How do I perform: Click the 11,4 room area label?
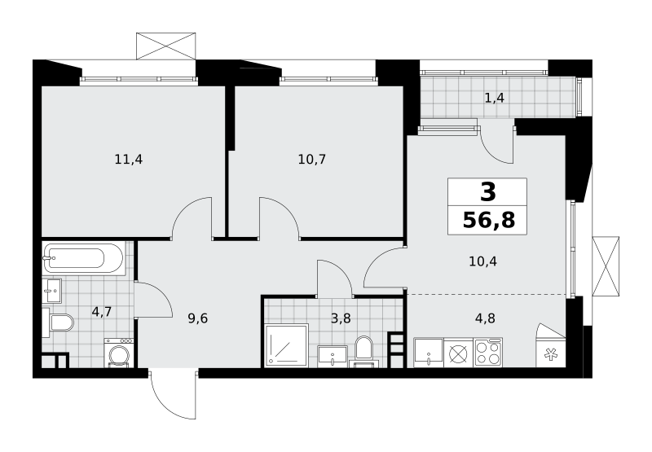tap(129, 159)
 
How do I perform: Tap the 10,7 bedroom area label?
tap(312, 159)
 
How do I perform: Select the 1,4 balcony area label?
tap(495, 98)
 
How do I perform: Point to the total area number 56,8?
tap(488, 220)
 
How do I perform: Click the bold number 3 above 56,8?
tap(488, 192)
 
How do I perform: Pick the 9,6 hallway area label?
tap(197, 318)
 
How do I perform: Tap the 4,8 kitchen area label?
tap(485, 318)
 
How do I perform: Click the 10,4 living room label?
tap(482, 261)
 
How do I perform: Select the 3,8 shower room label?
tap(341, 318)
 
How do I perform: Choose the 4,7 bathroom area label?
tap(101, 312)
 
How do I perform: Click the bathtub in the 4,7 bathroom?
tap(83, 258)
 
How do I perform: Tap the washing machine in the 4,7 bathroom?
tap(119, 353)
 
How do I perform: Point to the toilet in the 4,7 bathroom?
tap(58, 322)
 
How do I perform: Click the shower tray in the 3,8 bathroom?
tap(287, 346)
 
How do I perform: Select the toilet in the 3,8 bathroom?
tap(364, 352)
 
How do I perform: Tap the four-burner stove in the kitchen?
tap(488, 353)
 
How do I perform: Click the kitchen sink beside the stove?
tap(429, 353)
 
